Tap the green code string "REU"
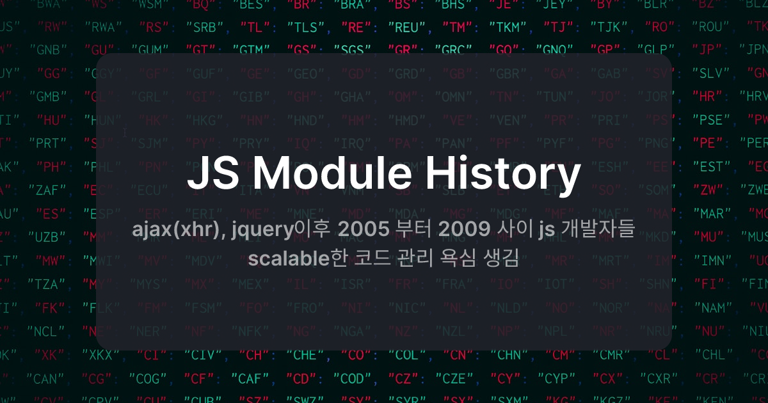click(405, 28)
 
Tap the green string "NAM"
click(711, 308)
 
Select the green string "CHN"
click(509, 354)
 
